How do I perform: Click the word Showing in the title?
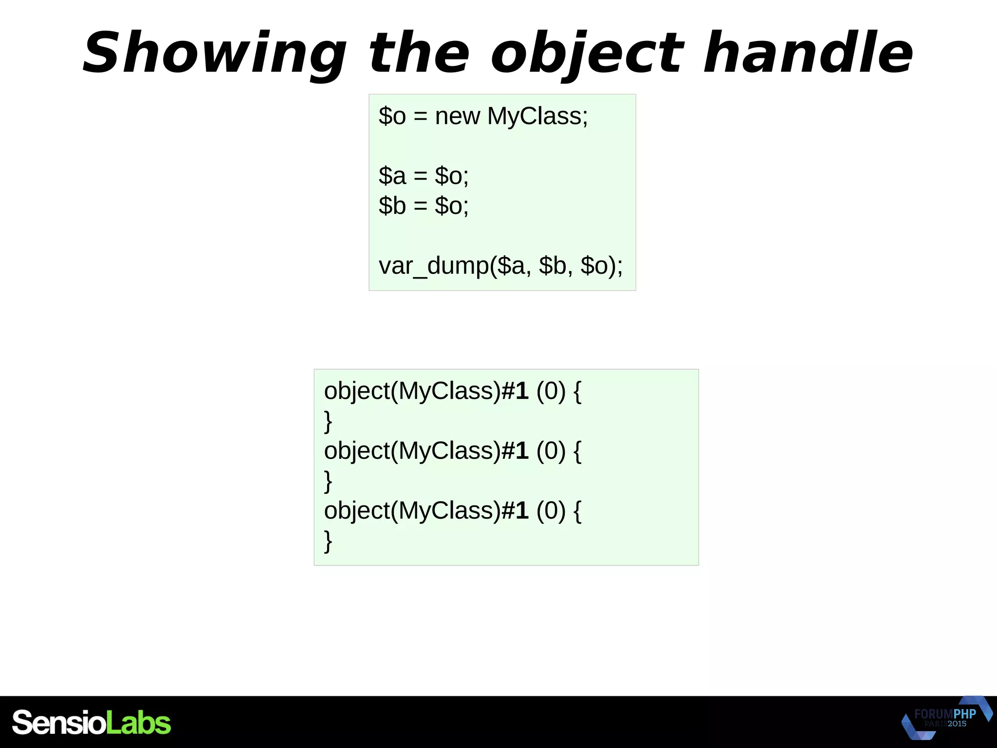214,53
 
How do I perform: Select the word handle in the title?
808,53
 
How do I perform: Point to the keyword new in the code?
457,116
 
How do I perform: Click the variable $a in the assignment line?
392,176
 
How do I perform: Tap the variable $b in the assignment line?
392,206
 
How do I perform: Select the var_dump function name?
434,266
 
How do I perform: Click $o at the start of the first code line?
392,116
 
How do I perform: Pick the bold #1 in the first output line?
515,391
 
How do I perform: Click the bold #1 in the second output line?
515,451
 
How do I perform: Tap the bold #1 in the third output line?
515,511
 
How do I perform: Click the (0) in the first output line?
551,391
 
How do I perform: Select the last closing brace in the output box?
328,541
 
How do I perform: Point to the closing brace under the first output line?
328,421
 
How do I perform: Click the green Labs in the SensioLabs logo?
138,723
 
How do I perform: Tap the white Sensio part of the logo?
58,723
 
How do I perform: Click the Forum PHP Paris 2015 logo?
946,718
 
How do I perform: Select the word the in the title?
419,53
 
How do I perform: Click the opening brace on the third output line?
577,511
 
